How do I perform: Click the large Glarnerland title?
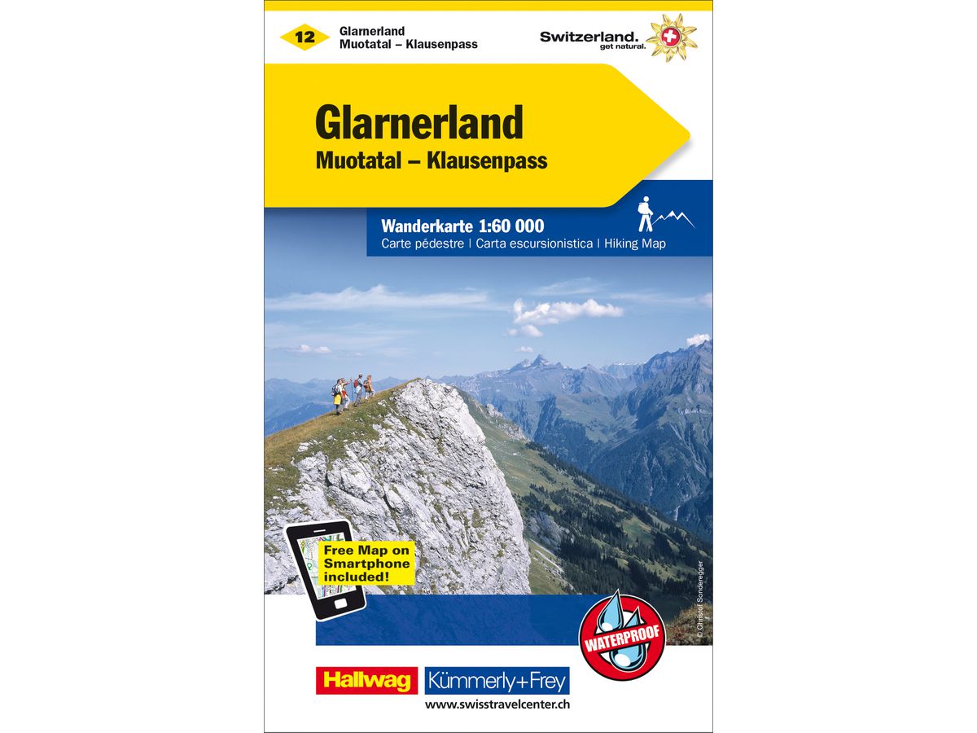[418, 124]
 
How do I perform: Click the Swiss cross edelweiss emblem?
[672, 37]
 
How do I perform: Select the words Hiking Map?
[635, 244]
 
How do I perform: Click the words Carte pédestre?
[422, 244]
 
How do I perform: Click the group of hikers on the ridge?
[353, 392]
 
